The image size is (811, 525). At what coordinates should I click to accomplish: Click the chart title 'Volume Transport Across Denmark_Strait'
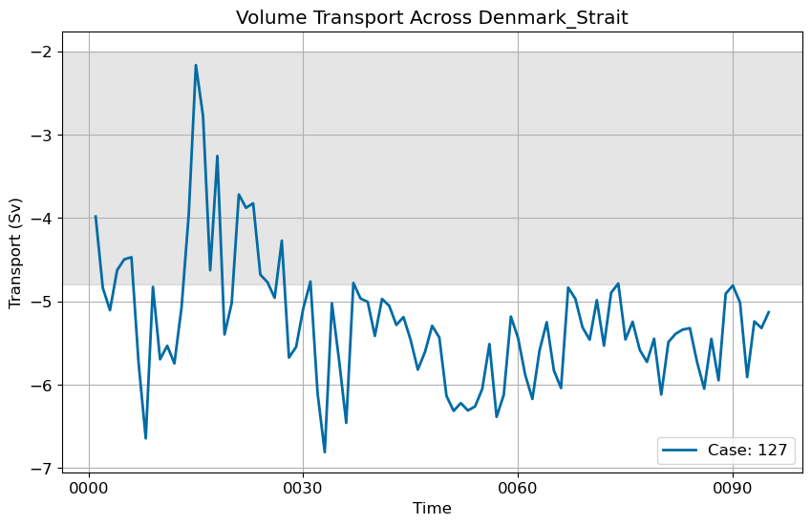[x=432, y=17]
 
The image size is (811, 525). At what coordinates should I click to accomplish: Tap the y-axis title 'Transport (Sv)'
[x=15, y=253]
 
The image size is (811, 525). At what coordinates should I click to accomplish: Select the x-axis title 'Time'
[x=432, y=509]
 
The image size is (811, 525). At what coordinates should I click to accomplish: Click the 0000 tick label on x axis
[x=89, y=487]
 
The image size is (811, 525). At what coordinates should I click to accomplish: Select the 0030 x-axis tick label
[x=304, y=487]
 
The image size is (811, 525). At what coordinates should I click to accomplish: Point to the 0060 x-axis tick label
[x=519, y=487]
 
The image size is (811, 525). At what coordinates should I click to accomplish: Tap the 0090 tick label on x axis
[x=733, y=487]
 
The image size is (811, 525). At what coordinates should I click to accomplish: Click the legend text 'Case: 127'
[x=747, y=451]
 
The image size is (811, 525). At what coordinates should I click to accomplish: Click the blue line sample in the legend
[x=679, y=451]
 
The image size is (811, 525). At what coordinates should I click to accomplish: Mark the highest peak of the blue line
[x=196, y=65]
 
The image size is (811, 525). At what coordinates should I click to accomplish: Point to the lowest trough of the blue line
[x=325, y=452]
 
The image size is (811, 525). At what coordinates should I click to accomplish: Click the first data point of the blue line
[x=96, y=216]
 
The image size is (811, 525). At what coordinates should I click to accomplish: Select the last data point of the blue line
[x=769, y=311]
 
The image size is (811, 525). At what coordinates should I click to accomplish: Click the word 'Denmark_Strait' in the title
[x=553, y=17]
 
